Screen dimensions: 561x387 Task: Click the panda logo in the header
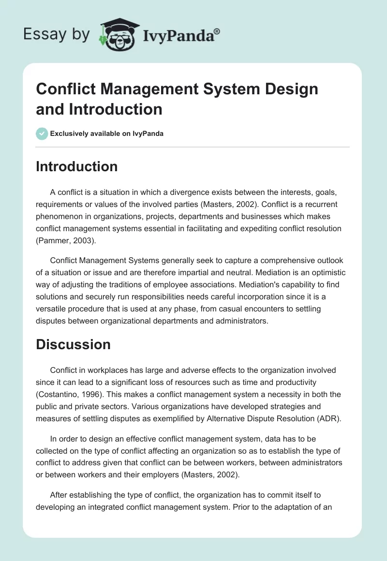pos(119,33)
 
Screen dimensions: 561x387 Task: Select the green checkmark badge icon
pos(42,133)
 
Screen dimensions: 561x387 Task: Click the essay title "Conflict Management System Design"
pos(177,89)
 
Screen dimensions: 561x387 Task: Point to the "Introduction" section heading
pos(77,166)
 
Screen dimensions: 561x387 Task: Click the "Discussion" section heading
pos(73,344)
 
